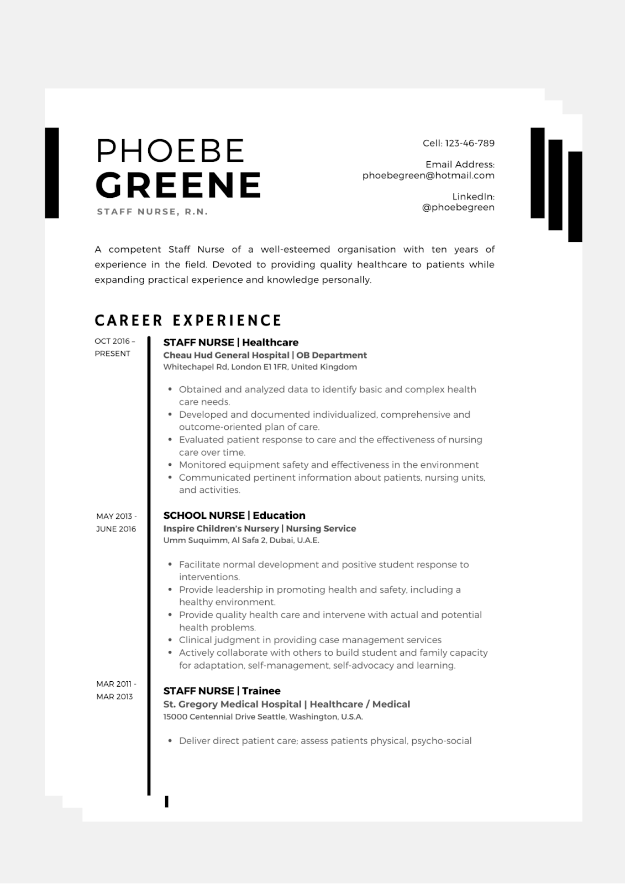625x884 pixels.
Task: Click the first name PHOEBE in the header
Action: [x=170, y=150]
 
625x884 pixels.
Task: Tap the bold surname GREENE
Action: [x=178, y=185]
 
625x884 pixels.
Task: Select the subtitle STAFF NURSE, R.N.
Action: [x=153, y=212]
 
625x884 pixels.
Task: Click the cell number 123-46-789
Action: [x=470, y=143]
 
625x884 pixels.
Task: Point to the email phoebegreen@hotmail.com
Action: [x=428, y=175]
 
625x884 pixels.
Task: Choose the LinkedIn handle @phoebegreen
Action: [x=458, y=207]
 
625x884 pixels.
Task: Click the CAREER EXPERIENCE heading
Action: [x=188, y=320]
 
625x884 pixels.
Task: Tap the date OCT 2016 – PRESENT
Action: [x=114, y=347]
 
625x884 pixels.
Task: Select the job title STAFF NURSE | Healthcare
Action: [x=230, y=343]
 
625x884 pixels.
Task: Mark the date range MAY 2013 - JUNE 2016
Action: [x=116, y=522]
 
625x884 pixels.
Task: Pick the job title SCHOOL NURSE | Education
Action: [x=234, y=515]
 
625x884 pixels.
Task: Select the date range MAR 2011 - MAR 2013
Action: [x=115, y=690]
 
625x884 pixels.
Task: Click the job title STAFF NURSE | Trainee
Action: [x=222, y=691]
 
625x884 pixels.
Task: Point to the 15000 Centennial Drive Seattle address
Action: [x=263, y=717]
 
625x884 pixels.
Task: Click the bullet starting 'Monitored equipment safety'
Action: [x=328, y=465]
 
